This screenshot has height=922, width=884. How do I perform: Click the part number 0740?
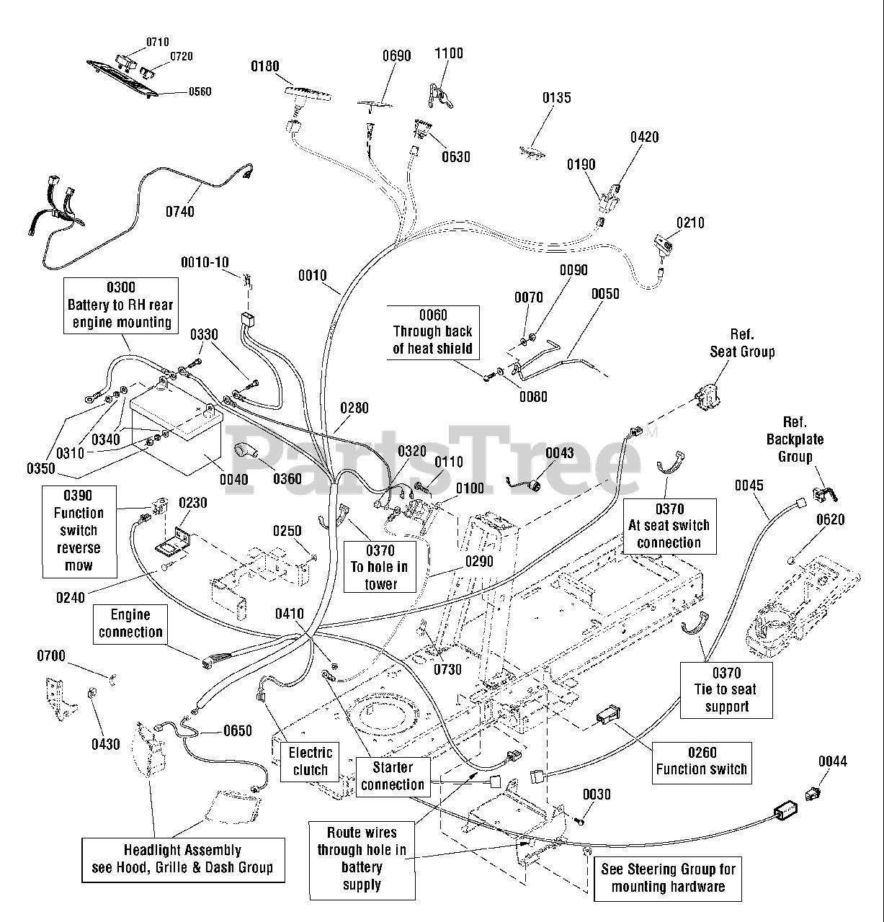point(179,211)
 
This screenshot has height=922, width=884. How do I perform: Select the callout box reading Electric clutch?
point(310,762)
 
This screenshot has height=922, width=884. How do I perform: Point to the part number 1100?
point(448,53)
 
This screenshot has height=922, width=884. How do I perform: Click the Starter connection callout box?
point(393,776)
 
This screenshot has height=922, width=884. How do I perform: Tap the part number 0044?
point(833,761)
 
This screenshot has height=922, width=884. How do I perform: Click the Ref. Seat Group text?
point(742,343)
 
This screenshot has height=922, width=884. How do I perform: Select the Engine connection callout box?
point(130,624)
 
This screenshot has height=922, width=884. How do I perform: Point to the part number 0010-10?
point(205,262)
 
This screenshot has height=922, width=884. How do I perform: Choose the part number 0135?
point(556,97)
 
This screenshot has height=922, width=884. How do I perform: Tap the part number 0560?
point(200,91)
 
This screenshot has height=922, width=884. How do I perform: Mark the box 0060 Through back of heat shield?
point(433,333)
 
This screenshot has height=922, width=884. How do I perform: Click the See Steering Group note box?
point(668,879)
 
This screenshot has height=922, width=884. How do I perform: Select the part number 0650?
point(238,730)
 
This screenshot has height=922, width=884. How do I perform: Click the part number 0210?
point(690,223)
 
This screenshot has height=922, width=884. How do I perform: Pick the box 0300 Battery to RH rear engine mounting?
point(121,305)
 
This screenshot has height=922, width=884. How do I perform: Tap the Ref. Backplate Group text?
point(795,439)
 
